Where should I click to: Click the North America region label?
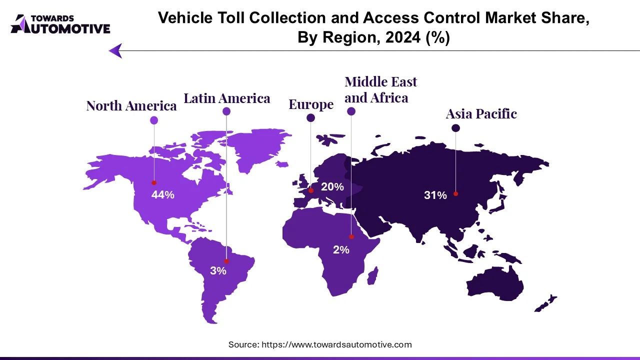131,106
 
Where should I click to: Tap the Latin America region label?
226,98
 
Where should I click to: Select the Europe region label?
311,104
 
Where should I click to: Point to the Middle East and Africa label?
380,89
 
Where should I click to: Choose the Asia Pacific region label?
481,114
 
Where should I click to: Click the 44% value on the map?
162,195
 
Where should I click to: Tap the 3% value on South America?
218,271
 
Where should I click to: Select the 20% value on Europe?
332,187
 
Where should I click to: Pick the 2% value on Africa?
341,249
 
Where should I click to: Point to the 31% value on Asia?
435,195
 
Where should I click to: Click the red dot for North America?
154,183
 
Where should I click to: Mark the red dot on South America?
226,261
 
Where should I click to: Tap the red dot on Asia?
455,193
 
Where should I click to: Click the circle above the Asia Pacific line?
455,128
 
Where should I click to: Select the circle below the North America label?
154,120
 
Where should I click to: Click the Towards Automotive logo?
60,24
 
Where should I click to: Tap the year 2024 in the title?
393,37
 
